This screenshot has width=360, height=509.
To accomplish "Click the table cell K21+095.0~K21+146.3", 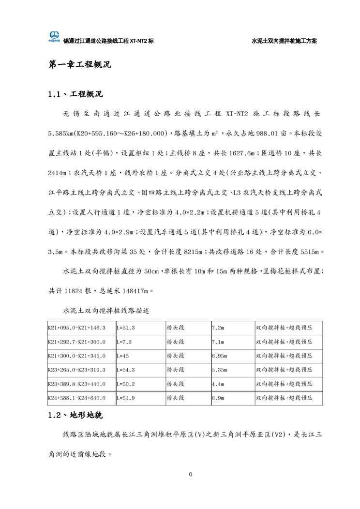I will pyautogui.click(x=76, y=328).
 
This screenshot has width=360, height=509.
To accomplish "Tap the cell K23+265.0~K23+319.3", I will pyautogui.click(x=76, y=370).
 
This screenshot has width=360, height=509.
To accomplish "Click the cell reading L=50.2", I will pyautogui.click(x=126, y=384).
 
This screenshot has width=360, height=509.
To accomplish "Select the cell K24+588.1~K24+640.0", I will pyautogui.click(x=76, y=398).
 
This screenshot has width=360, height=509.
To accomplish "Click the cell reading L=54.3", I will pyautogui.click(x=126, y=370).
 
